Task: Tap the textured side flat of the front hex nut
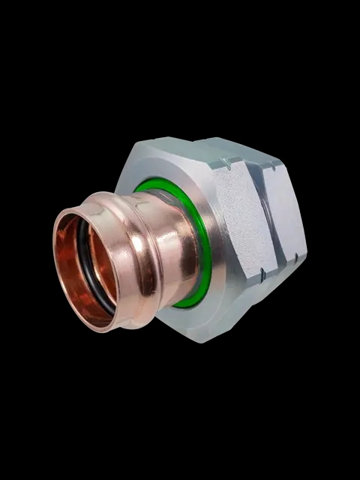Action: pos(238,217)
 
